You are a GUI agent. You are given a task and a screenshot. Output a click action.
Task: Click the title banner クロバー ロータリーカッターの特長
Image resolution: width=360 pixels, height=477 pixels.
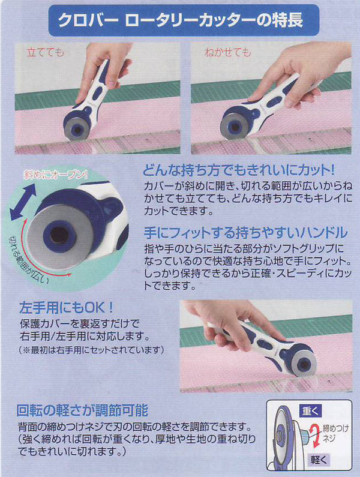click(184, 20)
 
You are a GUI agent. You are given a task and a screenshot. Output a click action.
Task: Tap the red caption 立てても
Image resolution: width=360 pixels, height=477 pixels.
click(46, 52)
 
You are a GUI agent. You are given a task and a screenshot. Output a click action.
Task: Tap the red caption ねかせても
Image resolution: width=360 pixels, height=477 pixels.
click(228, 52)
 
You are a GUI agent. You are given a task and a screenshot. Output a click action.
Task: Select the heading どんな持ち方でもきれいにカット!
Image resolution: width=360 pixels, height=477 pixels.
click(239, 170)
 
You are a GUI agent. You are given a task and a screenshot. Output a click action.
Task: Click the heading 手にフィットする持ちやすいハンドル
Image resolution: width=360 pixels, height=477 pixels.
click(245, 233)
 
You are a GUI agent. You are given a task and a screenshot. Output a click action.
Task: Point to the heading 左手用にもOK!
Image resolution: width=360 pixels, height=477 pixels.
click(66, 308)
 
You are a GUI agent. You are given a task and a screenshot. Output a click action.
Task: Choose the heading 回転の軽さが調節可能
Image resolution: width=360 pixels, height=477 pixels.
click(82, 410)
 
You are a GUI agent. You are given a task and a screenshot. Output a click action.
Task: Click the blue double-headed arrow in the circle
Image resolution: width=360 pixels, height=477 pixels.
click(23, 202)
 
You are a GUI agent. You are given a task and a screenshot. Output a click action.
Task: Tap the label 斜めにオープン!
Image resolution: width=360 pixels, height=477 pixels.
click(56, 175)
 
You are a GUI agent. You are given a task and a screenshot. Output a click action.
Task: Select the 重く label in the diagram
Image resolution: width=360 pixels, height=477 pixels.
click(310, 411)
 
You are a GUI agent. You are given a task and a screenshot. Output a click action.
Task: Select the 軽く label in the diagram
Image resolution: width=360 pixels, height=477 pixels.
click(319, 459)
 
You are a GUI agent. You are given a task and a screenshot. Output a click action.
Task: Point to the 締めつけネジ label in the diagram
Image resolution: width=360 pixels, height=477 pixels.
click(335, 433)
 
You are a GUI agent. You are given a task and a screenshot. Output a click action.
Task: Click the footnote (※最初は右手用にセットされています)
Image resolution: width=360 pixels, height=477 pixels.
click(91, 350)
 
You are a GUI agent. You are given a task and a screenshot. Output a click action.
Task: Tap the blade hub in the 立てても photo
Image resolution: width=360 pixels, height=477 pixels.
click(78, 130)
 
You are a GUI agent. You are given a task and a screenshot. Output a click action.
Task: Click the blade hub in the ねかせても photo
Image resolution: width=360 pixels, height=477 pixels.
click(235, 127)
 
